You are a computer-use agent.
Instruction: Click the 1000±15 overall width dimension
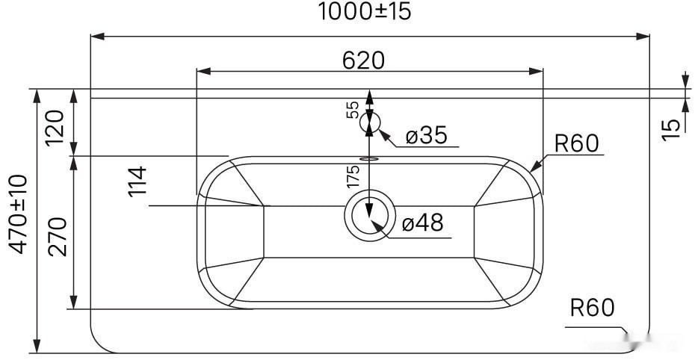365,12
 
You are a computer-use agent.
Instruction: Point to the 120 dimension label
57,123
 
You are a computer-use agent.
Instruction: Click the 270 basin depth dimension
58,235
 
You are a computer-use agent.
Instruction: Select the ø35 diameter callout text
426,135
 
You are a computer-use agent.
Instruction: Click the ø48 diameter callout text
422,223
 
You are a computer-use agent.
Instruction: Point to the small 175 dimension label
353,176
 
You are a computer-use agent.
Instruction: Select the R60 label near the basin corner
576,143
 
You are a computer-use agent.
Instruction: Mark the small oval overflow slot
369,158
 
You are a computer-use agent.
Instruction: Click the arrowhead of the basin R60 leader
532,169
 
